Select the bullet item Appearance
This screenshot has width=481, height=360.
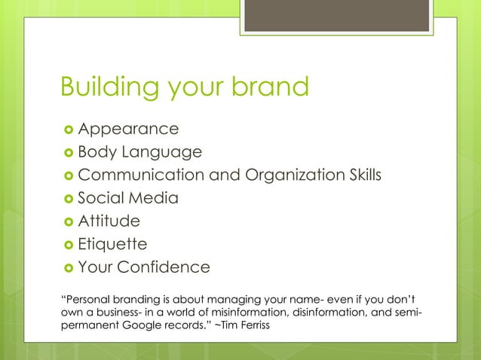click(128, 130)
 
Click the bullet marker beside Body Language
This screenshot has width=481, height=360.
click(66, 153)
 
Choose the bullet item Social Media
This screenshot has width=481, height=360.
click(128, 199)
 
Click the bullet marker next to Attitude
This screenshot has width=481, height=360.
click(66, 221)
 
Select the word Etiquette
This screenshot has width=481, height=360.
click(113, 245)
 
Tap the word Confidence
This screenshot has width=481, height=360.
click(168, 267)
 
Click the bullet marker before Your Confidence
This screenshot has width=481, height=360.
click(66, 268)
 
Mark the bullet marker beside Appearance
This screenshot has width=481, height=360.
click(66, 130)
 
